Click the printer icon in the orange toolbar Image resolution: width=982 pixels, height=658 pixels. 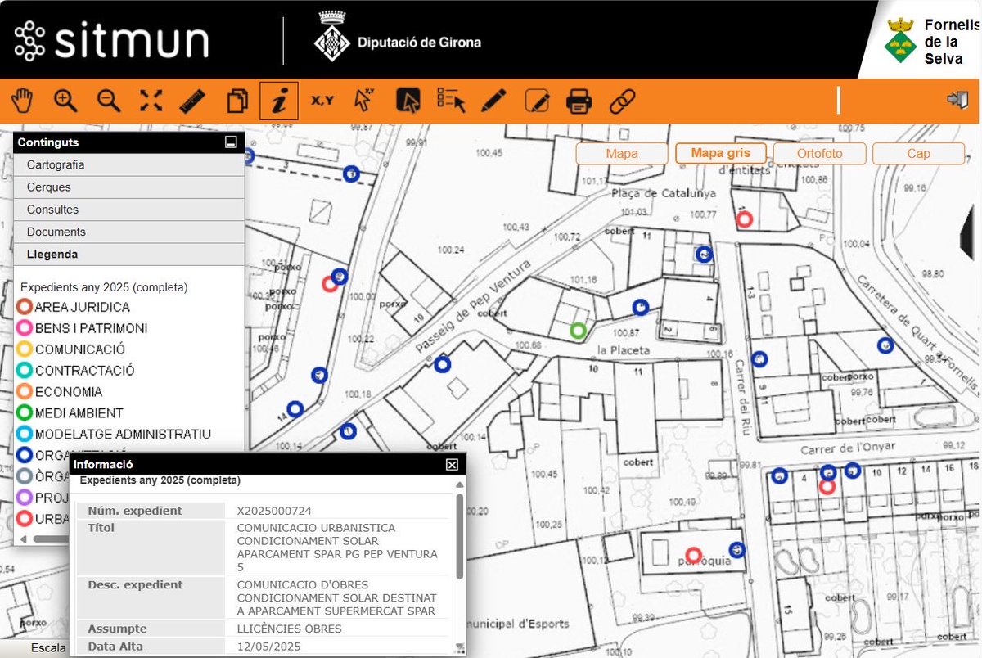579,101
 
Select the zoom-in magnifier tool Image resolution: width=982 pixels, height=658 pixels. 65,101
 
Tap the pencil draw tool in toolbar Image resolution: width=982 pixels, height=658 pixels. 493,101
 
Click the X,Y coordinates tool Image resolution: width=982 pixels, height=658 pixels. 322,101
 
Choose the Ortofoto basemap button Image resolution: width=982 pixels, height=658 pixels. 819,153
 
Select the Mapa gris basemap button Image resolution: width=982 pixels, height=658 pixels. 720,153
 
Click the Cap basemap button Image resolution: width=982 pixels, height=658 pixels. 918,153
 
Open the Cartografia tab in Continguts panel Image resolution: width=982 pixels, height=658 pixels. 56,164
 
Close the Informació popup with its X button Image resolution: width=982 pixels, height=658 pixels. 452,465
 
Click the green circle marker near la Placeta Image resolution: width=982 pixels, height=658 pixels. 579,331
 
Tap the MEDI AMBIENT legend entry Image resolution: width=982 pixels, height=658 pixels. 79,413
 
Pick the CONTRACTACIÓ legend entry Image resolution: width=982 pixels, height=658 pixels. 84,371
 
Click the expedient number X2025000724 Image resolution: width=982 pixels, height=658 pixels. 274,511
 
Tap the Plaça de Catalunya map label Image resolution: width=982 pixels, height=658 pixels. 663,194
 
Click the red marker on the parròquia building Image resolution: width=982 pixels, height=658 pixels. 694,554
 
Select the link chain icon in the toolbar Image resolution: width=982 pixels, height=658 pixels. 623,101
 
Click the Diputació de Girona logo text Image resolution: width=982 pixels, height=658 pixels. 419,43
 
